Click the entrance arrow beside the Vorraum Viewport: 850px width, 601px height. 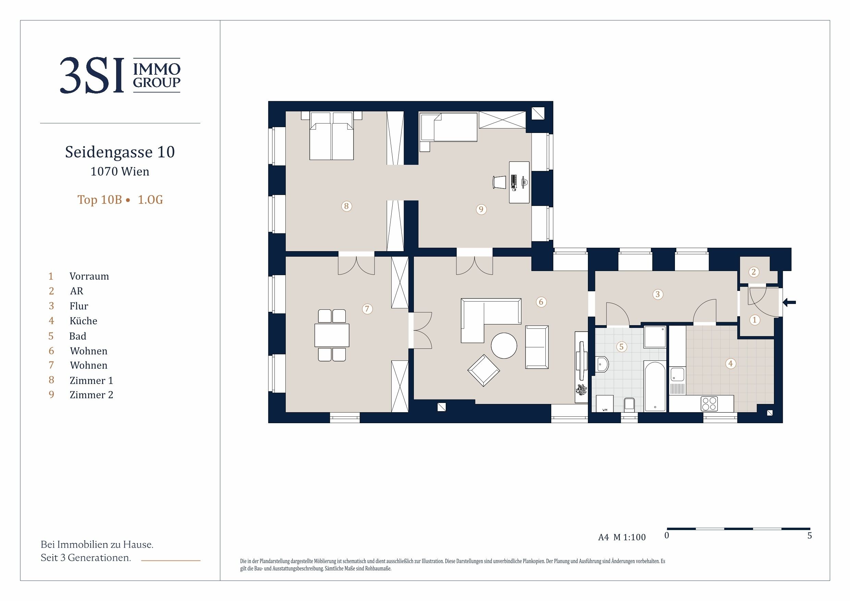pyautogui.click(x=789, y=303)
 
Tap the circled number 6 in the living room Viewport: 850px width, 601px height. pyautogui.click(x=541, y=302)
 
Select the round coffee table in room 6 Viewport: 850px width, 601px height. pyautogui.click(x=504, y=345)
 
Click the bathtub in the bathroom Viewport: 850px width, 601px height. pyautogui.click(x=655, y=386)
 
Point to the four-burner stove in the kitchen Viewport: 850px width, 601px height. pyautogui.click(x=709, y=404)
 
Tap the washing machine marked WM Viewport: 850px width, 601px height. pyautogui.click(x=605, y=404)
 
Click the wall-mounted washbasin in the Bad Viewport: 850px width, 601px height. pyautogui.click(x=602, y=364)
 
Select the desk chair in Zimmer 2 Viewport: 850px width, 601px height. pyautogui.click(x=500, y=182)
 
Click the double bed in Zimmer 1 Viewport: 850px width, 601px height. pyautogui.click(x=332, y=136)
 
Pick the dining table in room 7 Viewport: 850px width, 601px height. pyautogui.click(x=332, y=335)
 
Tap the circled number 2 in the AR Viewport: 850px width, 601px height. pyautogui.click(x=754, y=272)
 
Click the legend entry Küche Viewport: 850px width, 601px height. pyautogui.click(x=83, y=321)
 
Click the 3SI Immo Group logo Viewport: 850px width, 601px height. pyautogui.click(x=120, y=75)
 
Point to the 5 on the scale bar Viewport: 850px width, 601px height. pyautogui.click(x=810, y=536)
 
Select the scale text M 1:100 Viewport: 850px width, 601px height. pyautogui.click(x=629, y=537)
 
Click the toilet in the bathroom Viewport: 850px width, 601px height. pyautogui.click(x=629, y=405)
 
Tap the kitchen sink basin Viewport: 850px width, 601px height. pyautogui.click(x=677, y=375)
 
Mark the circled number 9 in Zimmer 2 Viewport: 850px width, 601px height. pyautogui.click(x=481, y=209)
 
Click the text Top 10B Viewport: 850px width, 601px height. pyautogui.click(x=100, y=200)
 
